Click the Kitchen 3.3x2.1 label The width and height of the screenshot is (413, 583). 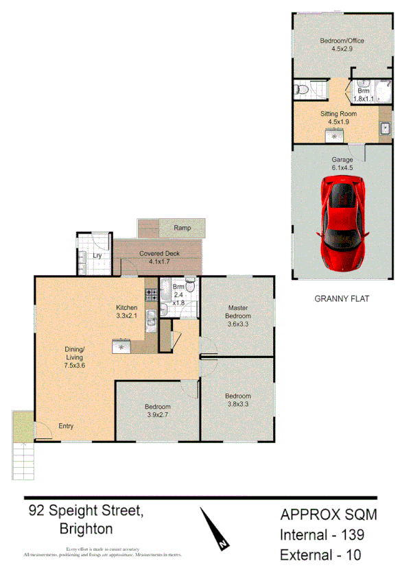click(127, 312)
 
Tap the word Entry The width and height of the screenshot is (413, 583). click(66, 427)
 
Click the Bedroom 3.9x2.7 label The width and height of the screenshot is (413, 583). click(158, 411)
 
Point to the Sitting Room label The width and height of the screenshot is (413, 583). click(338, 117)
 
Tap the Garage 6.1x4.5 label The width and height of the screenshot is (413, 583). click(343, 163)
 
